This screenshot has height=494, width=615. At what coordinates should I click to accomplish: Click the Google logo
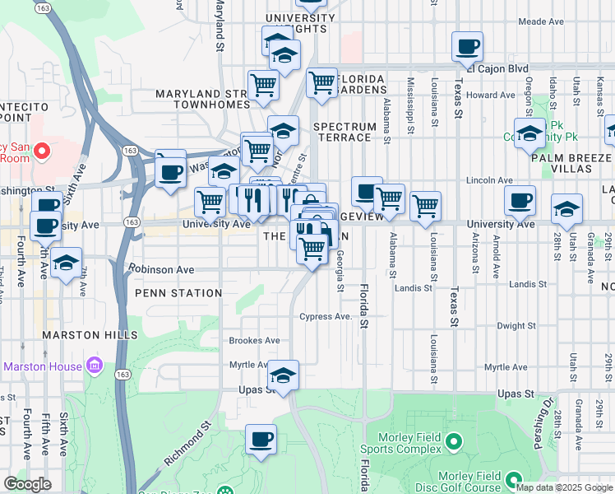coord(27,484)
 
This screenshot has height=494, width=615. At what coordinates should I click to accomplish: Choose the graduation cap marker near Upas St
coord(283,375)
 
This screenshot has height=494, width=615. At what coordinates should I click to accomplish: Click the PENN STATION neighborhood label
coord(179,293)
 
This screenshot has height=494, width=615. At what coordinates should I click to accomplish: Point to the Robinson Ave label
coord(161,269)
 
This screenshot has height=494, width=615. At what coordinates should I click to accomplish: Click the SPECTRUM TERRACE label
coord(342,132)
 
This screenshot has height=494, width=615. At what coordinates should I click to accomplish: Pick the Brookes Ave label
coord(254,340)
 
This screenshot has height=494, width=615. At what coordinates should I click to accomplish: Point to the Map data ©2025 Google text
coord(564,487)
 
